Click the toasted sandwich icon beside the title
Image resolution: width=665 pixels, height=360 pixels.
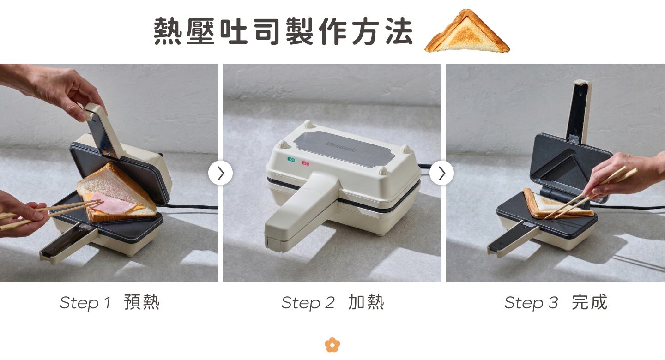pyautogui.click(x=467, y=33)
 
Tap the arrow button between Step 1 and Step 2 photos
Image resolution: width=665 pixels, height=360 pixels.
pyautogui.click(x=221, y=173)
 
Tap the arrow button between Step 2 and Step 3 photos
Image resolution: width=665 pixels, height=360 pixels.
pyautogui.click(x=442, y=173)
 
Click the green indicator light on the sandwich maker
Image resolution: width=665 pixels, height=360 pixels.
pyautogui.click(x=291, y=160)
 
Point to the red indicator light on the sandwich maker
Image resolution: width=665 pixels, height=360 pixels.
pyautogui.click(x=306, y=163)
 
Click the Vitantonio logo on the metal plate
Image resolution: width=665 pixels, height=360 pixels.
pyautogui.click(x=340, y=147)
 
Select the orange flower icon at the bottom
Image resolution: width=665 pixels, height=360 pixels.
pyautogui.click(x=332, y=345)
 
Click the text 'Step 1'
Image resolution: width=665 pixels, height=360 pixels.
pyautogui.click(x=85, y=303)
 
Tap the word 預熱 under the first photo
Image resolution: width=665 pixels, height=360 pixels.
pyautogui.click(x=142, y=302)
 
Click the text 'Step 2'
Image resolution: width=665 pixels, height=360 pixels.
pyautogui.click(x=308, y=303)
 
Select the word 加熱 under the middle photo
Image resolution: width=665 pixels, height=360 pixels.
pyautogui.click(x=366, y=302)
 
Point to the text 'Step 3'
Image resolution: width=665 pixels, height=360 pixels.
pyautogui.click(x=531, y=303)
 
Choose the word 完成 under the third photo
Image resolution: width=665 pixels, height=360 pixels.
pyautogui.click(x=590, y=302)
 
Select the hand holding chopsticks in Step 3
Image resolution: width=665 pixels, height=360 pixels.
pyautogui.click(x=623, y=175)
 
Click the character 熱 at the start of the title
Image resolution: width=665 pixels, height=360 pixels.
pyautogui.click(x=168, y=31)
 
